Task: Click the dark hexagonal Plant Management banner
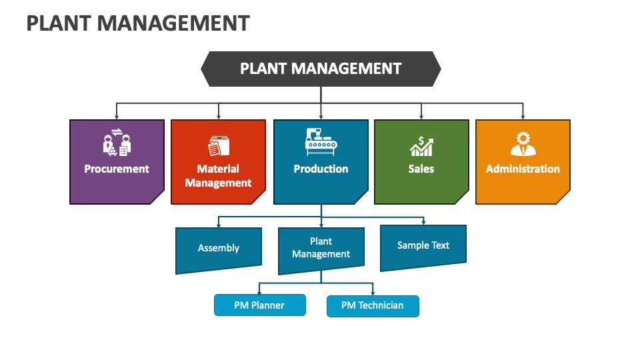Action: coord(321,69)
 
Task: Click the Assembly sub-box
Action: coord(218,249)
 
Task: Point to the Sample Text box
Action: coord(423,246)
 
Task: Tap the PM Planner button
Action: coord(259,305)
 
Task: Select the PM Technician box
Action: coord(373,306)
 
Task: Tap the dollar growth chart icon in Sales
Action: coord(421,145)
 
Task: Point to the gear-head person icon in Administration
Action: coord(523,143)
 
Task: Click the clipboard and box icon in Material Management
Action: coord(218,145)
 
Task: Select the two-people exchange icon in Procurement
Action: coord(117,142)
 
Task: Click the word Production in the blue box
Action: coord(321,169)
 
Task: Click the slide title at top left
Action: coord(138,23)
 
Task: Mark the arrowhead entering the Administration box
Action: coord(523,117)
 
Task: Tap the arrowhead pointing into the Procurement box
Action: coord(117,117)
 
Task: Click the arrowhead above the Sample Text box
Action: coord(423,223)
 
